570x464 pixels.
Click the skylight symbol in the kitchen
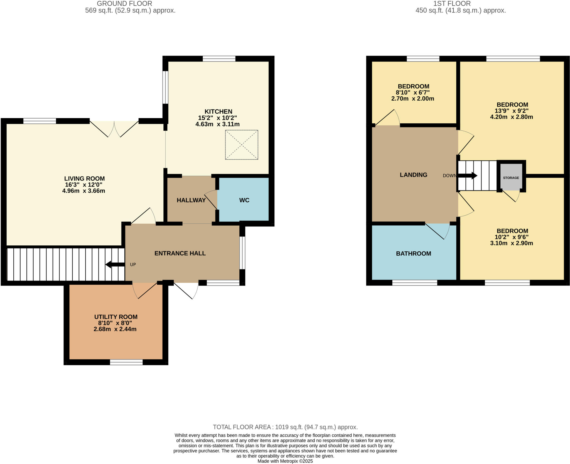[x=241, y=145]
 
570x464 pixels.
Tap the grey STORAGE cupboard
[x=511, y=177]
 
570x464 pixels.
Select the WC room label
[x=244, y=200]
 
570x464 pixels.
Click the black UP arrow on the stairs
[x=115, y=264]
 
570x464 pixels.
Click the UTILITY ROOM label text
[x=116, y=317]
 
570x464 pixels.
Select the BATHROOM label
[x=413, y=253]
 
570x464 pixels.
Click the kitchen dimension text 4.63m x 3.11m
[x=217, y=124]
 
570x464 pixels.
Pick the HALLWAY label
[x=191, y=200]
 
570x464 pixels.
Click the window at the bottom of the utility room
[x=126, y=362]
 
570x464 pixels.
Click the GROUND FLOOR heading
[x=124, y=4]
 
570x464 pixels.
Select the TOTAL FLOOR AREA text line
[x=285, y=427]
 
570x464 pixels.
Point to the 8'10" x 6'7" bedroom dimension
[x=413, y=92]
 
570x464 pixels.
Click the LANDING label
[x=413, y=175]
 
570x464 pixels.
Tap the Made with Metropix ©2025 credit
[x=285, y=461]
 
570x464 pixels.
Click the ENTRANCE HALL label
[x=180, y=253]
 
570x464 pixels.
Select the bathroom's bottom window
[x=414, y=283]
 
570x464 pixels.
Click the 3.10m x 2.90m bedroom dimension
[x=511, y=243]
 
